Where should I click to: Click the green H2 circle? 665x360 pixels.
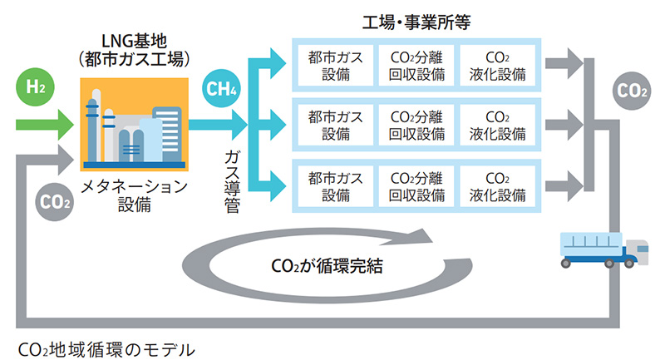[33, 86]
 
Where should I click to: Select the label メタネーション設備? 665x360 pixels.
[134, 195]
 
